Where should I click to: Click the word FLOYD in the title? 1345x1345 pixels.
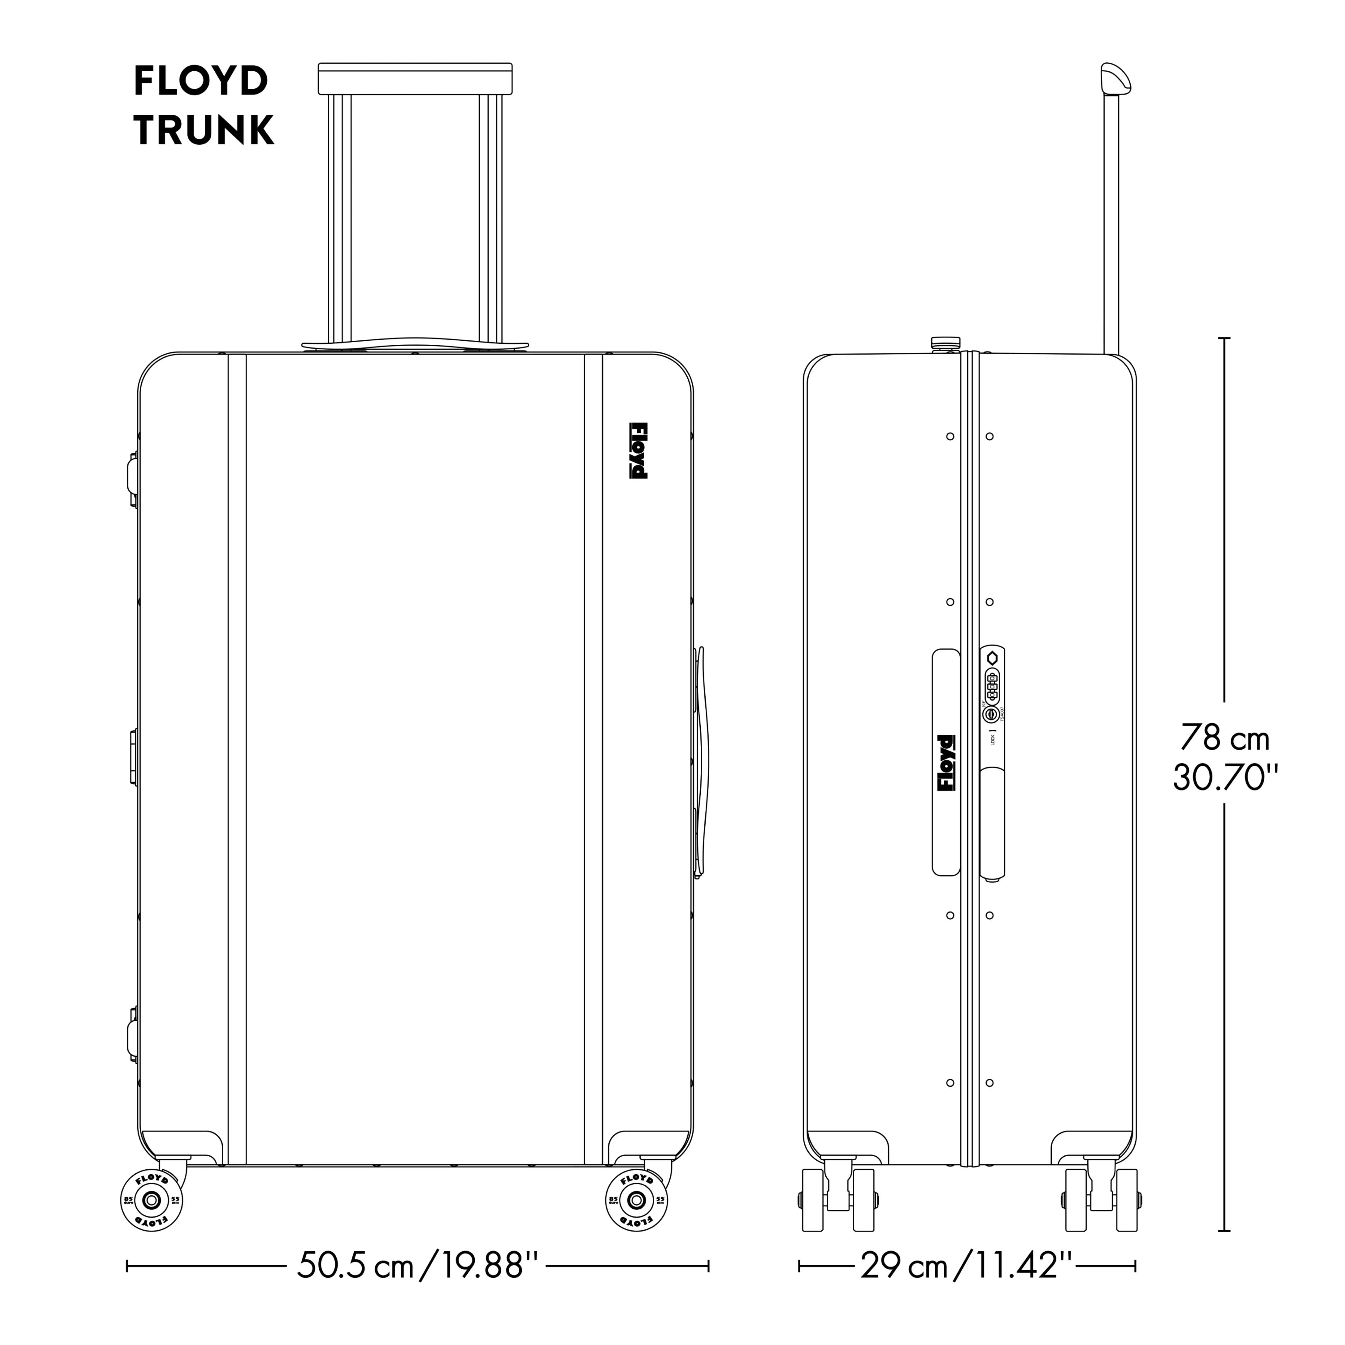(x=200, y=82)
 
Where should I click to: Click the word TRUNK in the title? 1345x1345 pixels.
(x=204, y=130)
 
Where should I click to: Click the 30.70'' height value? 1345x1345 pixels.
(x=1226, y=777)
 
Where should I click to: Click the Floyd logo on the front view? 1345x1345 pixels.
(x=638, y=451)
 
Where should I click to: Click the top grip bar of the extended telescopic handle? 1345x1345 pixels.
(x=415, y=78)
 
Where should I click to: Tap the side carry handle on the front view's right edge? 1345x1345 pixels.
(x=702, y=762)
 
